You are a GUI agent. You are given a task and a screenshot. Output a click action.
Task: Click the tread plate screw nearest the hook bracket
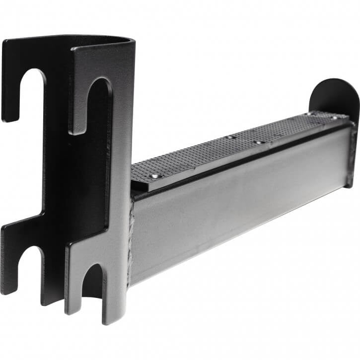coord(155,176)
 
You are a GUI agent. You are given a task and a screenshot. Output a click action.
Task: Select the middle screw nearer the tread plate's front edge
coord(257,143)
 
